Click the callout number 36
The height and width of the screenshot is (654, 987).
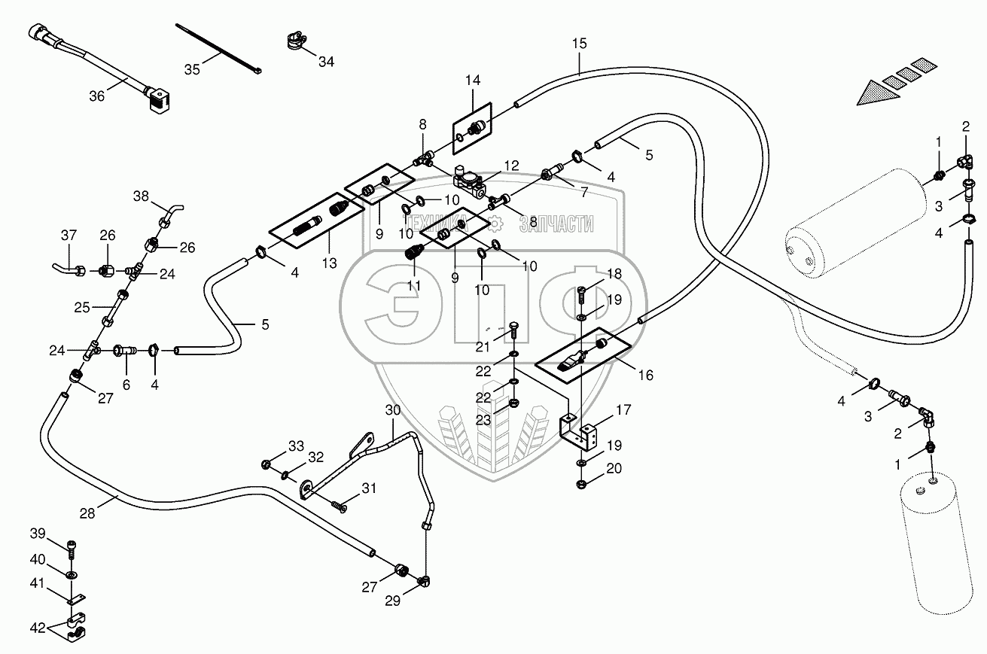tap(96, 96)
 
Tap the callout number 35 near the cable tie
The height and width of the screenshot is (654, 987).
tap(192, 69)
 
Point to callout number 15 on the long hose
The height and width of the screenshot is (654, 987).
tap(578, 44)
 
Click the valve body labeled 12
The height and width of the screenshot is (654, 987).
tap(469, 181)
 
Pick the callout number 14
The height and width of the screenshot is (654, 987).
tap(472, 81)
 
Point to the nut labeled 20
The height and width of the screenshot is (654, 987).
tap(581, 482)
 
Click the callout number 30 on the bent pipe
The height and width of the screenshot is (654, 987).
tap(394, 410)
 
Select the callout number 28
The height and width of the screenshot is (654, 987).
tap(87, 513)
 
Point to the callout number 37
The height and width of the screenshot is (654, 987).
tap(69, 236)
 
